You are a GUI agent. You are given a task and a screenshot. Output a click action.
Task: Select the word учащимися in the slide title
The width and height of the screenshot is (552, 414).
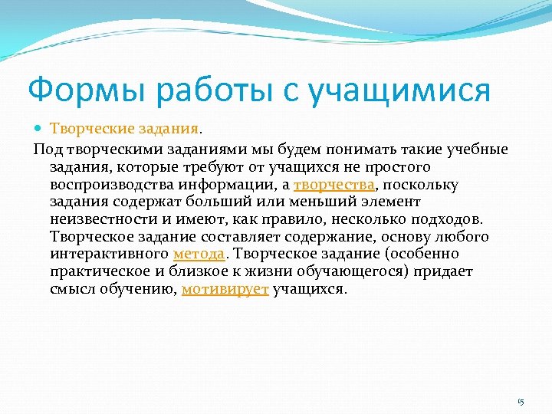(398, 90)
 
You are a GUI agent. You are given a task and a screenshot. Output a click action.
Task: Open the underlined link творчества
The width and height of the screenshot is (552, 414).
(333, 184)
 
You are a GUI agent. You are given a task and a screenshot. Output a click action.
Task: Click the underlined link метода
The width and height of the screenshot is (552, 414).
(199, 254)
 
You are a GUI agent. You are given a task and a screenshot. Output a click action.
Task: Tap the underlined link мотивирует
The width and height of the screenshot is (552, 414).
(225, 290)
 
